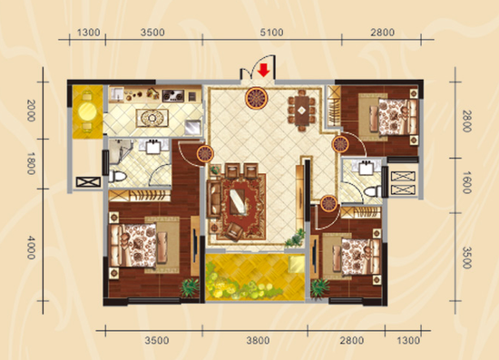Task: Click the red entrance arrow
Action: tap(263, 71)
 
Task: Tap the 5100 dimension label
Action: tap(271, 33)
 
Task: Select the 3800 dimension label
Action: tap(258, 341)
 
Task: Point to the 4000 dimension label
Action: tap(31, 248)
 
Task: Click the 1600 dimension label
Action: tap(466, 182)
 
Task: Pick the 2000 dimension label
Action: tap(31, 111)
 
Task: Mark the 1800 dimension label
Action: tap(31, 163)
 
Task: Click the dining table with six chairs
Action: tap(302, 111)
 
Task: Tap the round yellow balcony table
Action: tap(87, 111)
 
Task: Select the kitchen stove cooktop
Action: tap(173, 95)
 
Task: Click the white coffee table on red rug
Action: tap(238, 201)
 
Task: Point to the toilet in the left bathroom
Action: tap(117, 176)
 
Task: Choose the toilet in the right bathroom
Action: tap(373, 191)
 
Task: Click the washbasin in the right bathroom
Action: tap(367, 168)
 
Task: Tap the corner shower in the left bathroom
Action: tap(120, 151)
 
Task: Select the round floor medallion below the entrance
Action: tap(256, 98)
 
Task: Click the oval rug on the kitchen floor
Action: tap(152, 118)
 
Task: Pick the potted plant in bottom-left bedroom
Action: tap(190, 287)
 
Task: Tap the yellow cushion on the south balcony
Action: tap(297, 265)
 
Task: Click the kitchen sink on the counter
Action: tap(117, 94)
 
